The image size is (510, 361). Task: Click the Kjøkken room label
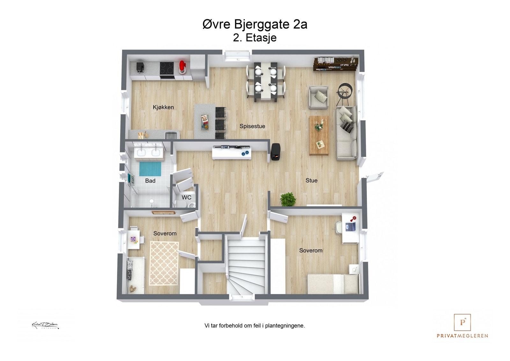(x=163, y=107)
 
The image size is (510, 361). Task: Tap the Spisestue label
(x=252, y=126)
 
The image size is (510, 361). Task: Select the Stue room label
(x=311, y=180)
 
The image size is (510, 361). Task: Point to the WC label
(x=186, y=197)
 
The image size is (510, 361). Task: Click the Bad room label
(x=150, y=181)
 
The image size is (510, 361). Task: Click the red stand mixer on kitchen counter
(x=182, y=67)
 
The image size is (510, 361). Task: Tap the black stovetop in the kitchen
(x=167, y=68)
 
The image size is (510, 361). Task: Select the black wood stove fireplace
(x=275, y=152)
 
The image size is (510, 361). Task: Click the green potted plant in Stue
(x=288, y=199)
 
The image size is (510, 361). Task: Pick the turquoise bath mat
(x=150, y=169)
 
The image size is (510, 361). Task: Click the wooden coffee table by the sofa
(x=319, y=135)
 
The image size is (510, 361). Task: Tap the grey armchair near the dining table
(x=318, y=97)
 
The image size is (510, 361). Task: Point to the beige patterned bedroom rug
(x=164, y=263)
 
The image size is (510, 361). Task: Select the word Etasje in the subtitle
(x=261, y=38)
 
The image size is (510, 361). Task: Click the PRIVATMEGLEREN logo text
(x=462, y=335)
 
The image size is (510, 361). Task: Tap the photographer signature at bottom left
(x=45, y=325)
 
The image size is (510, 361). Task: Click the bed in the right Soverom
(x=333, y=284)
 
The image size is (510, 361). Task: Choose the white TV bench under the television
(x=231, y=154)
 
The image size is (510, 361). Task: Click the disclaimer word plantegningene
(x=285, y=326)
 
